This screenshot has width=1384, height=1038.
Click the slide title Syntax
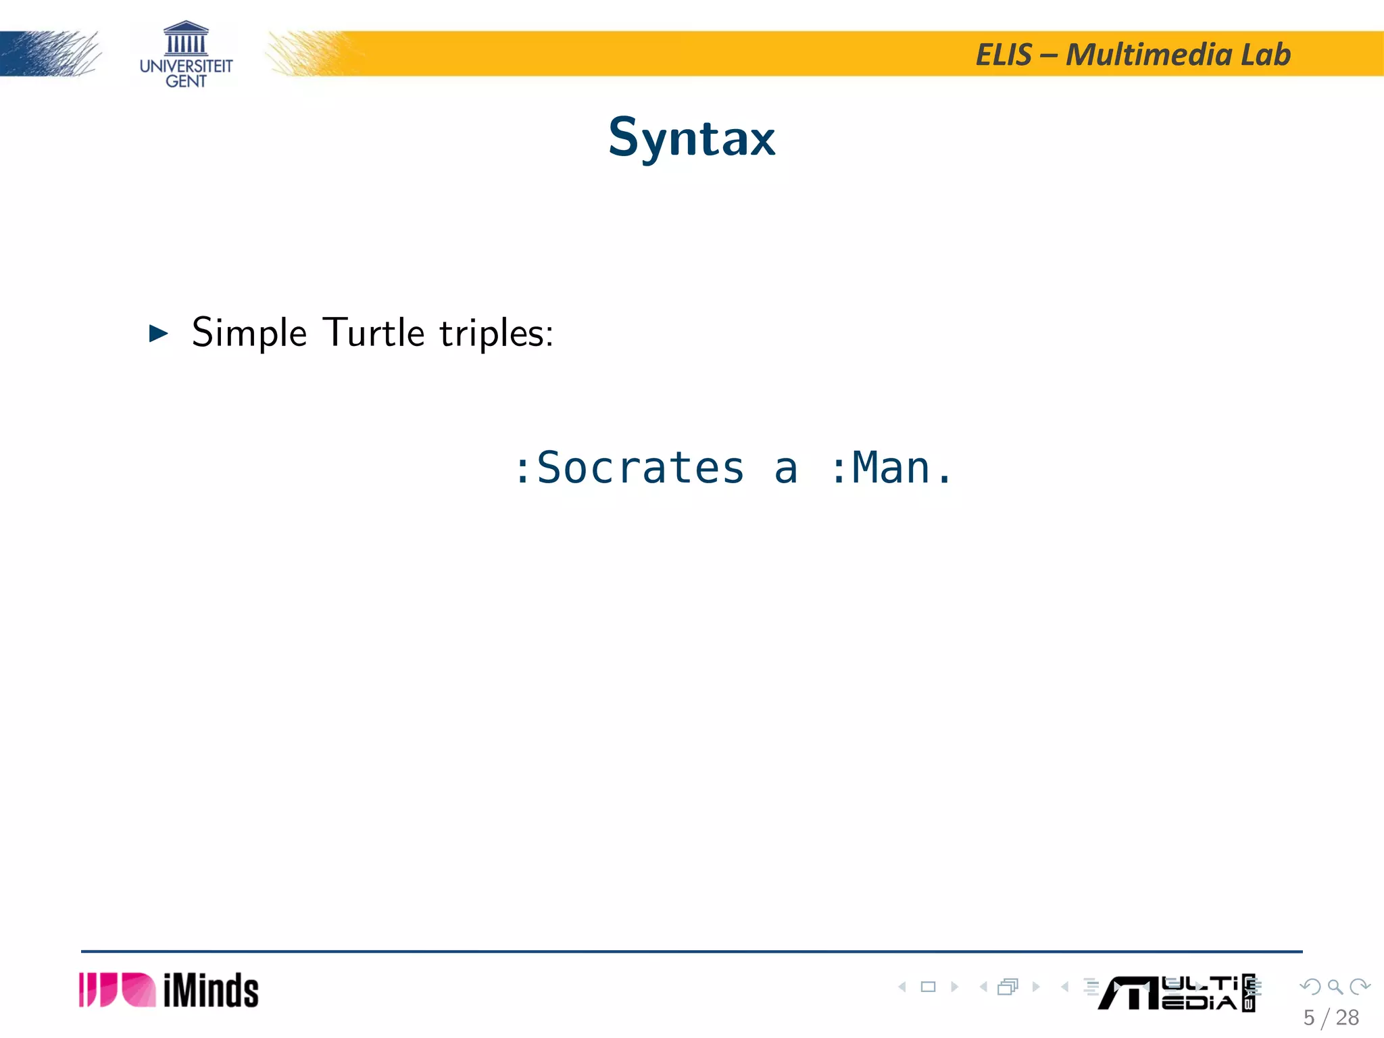pos(691,137)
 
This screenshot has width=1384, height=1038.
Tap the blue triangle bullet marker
pos(158,333)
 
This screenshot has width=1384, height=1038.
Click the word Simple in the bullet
pos(249,333)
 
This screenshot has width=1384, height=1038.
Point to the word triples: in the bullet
pos(496,333)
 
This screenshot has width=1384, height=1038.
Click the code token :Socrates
pos(628,468)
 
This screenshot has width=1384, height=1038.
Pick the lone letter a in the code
pos(786,469)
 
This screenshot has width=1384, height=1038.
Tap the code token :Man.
pos(891,468)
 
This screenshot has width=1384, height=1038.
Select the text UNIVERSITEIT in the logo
pos(186,66)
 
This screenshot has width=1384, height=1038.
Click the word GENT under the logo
pos(186,81)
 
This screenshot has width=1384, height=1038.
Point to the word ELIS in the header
pos(1004,55)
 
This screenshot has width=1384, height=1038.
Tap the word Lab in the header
pos(1266,55)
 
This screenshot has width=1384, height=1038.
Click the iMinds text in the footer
pos(211,991)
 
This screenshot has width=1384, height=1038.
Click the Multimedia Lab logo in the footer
pos(1176,993)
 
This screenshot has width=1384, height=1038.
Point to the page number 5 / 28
pos(1331,1018)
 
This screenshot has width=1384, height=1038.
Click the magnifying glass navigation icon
pos(1335,987)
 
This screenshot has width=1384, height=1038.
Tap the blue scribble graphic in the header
pos(51,54)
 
